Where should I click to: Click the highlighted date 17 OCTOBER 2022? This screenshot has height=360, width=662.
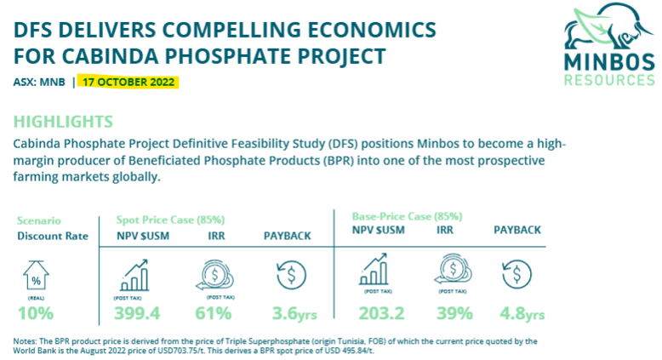click(x=128, y=82)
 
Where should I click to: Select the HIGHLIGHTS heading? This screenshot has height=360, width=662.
click(x=63, y=122)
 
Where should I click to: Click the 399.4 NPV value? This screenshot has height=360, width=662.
click(x=137, y=313)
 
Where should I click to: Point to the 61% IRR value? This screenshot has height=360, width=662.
click(x=214, y=313)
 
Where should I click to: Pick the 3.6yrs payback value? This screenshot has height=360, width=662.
click(x=294, y=313)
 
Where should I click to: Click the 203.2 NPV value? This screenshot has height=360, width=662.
click(x=382, y=313)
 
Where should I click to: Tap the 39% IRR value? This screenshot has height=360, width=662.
click(x=454, y=313)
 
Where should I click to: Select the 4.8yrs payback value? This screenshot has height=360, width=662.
click(x=522, y=313)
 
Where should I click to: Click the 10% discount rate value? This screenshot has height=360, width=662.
click(x=36, y=313)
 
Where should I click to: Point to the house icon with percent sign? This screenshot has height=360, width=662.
click(x=36, y=275)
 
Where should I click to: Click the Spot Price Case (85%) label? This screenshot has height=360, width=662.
click(x=170, y=220)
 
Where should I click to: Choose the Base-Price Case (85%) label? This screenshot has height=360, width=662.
click(x=408, y=216)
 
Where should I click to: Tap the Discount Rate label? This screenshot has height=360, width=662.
click(x=53, y=236)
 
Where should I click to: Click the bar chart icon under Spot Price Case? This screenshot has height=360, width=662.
click(x=134, y=275)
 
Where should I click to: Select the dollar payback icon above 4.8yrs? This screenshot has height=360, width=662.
click(x=516, y=274)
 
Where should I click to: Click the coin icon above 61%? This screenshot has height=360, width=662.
click(x=215, y=275)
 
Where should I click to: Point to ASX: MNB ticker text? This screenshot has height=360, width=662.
click(x=39, y=82)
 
